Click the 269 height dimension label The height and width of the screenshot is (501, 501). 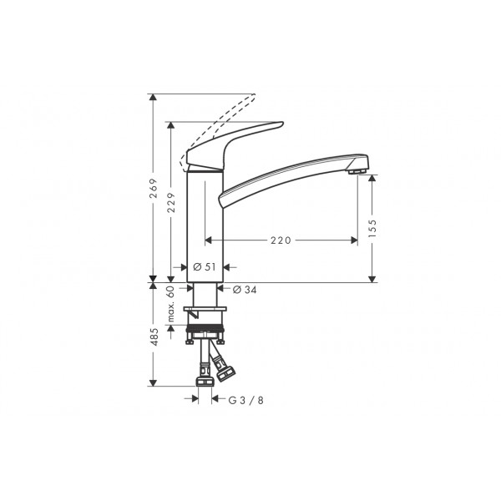tap(154, 188)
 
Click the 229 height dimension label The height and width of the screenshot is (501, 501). tap(171, 203)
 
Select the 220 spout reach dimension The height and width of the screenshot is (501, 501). tap(281, 240)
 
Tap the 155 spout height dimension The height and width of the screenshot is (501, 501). tap(372, 228)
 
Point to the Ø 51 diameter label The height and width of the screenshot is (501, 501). tap(205, 267)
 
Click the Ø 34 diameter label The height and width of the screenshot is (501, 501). tap(245, 290)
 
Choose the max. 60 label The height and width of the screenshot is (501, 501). tap(171, 304)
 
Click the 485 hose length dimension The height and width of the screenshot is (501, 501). tap(154, 337)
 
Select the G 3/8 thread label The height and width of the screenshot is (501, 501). tap(246, 400)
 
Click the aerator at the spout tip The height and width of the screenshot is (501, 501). tap(357, 172)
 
